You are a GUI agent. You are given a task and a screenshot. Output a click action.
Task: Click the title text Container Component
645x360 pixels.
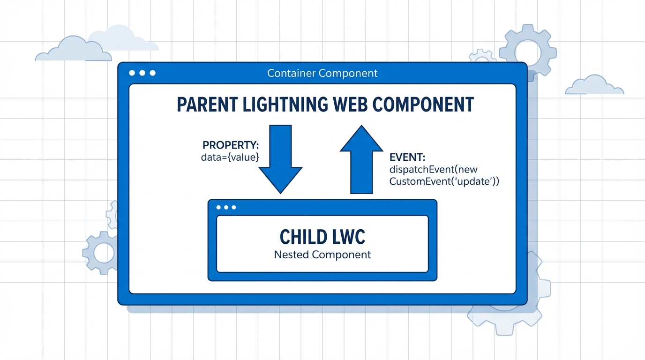pyautogui.click(x=322, y=74)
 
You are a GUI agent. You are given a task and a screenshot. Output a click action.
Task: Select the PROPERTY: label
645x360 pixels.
pyautogui.click(x=231, y=145)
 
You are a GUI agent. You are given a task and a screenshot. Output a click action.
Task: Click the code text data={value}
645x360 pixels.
pyautogui.click(x=230, y=157)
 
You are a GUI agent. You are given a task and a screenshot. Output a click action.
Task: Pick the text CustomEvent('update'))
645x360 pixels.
pyautogui.click(x=444, y=181)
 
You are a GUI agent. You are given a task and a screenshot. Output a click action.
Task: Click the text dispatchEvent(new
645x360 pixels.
pyautogui.click(x=433, y=170)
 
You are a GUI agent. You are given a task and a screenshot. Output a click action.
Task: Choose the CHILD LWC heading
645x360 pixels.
pyautogui.click(x=322, y=237)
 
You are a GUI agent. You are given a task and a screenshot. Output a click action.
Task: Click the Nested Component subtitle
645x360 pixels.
pyautogui.click(x=322, y=255)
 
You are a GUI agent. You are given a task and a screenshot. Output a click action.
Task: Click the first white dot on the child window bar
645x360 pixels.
pyautogui.click(x=218, y=207)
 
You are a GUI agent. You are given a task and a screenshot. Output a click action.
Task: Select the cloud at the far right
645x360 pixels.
pyautogui.click(x=593, y=86)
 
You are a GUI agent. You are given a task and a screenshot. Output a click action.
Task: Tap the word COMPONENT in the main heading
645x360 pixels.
pyautogui.click(x=425, y=105)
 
